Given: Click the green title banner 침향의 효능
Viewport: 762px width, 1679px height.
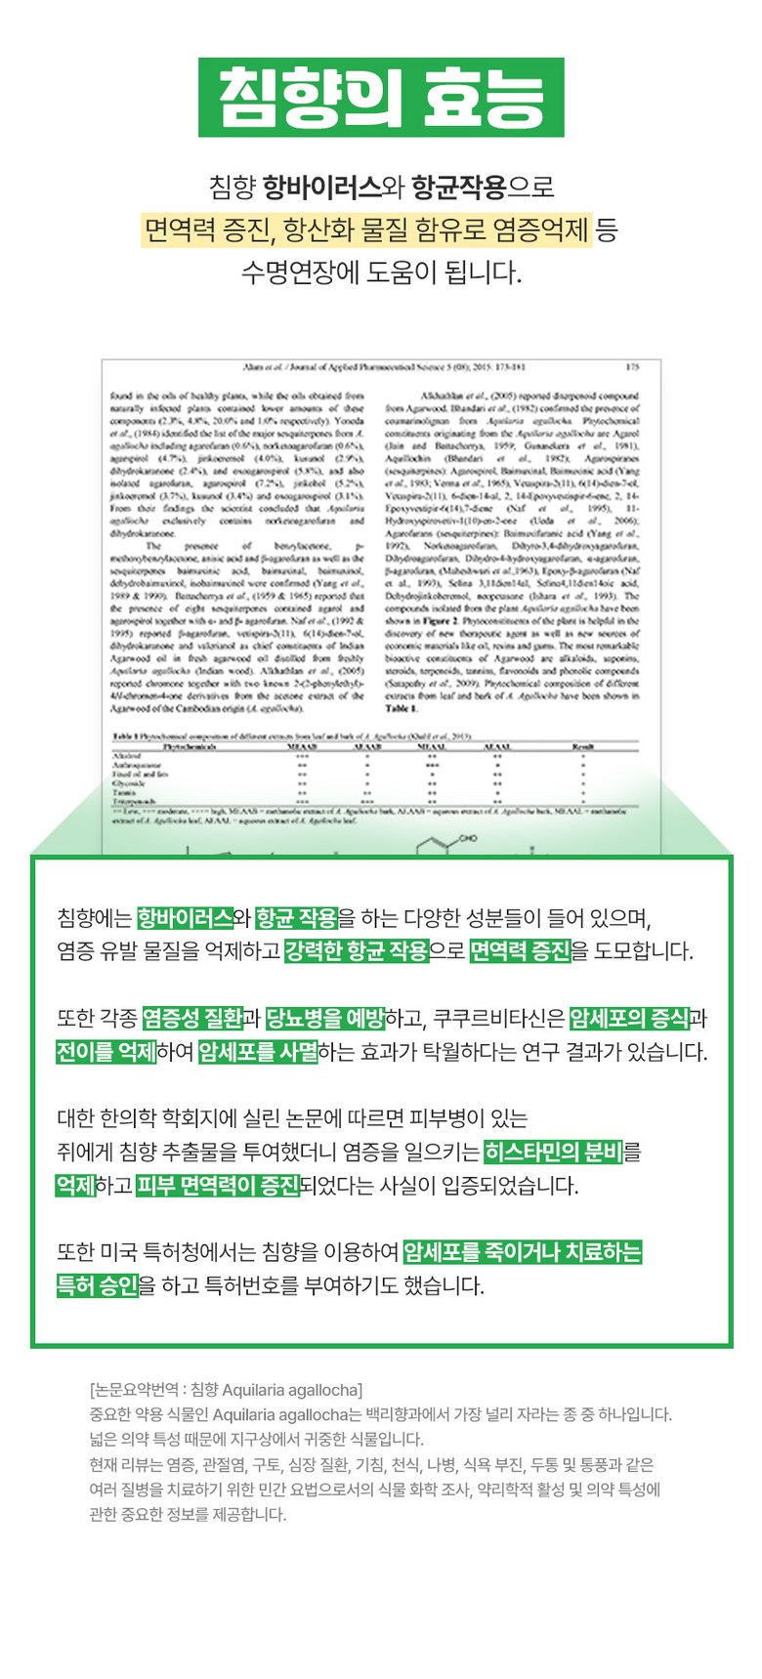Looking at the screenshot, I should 381,98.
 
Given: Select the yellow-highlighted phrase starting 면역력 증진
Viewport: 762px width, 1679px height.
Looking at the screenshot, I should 366,231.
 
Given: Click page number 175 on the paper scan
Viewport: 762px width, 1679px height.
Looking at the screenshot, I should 632,367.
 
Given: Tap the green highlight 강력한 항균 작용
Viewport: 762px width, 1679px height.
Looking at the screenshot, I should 357,950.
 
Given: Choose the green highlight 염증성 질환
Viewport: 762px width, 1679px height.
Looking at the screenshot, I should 192,1019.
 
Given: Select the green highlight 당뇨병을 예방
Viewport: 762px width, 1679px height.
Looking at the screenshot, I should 325,1019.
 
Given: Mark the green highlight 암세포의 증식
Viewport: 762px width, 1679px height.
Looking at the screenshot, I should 629,1019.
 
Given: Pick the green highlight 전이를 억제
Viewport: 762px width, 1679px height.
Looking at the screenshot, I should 106,1052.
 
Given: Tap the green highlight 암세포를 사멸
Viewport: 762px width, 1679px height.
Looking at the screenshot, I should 258,1052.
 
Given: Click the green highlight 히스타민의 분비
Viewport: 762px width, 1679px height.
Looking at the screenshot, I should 553,1153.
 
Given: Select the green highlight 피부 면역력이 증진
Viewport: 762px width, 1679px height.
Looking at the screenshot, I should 218,1186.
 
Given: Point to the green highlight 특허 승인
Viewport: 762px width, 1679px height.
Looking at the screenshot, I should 98,1285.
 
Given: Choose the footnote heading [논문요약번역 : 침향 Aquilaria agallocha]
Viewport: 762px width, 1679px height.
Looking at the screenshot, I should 226,1390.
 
